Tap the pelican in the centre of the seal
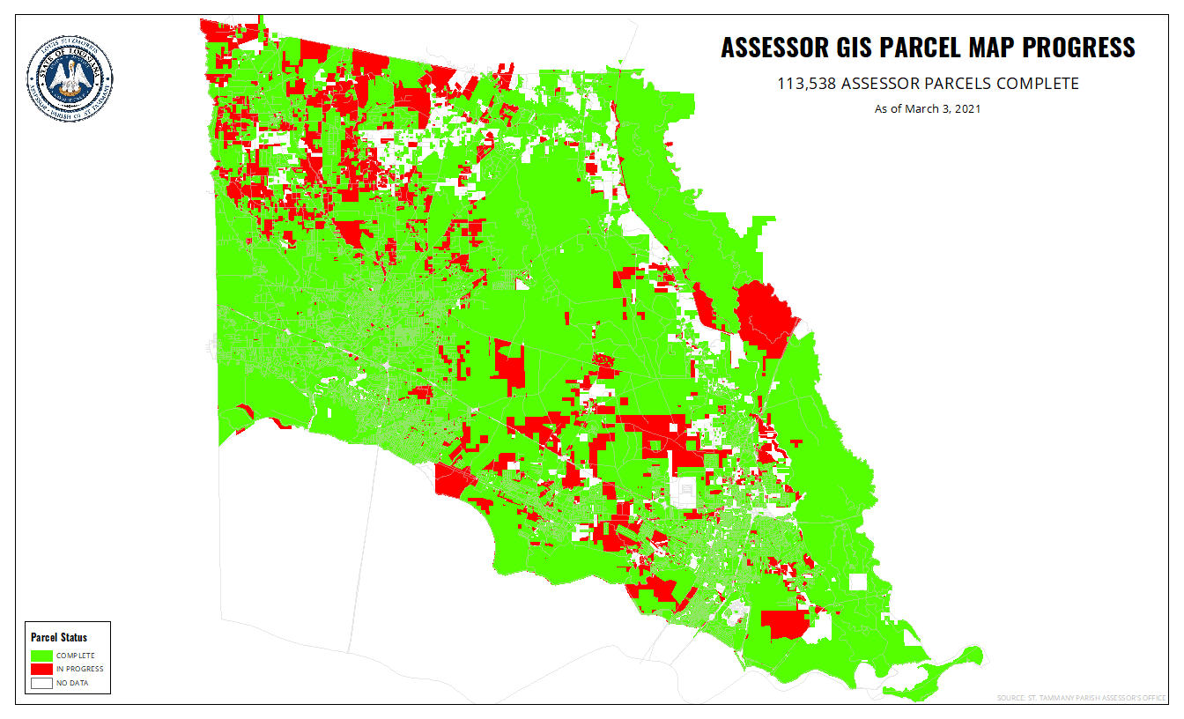tap(70, 77)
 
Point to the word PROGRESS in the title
tap(1081, 48)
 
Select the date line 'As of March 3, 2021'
tap(927, 109)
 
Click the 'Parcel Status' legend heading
tap(59, 637)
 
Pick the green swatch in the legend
tap(41, 656)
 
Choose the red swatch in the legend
tap(41, 669)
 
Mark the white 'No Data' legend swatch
tap(41, 683)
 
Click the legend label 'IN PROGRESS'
tap(79, 669)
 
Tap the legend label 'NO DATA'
tap(72, 683)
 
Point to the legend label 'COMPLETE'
tap(76, 656)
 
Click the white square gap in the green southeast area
tap(857, 582)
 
